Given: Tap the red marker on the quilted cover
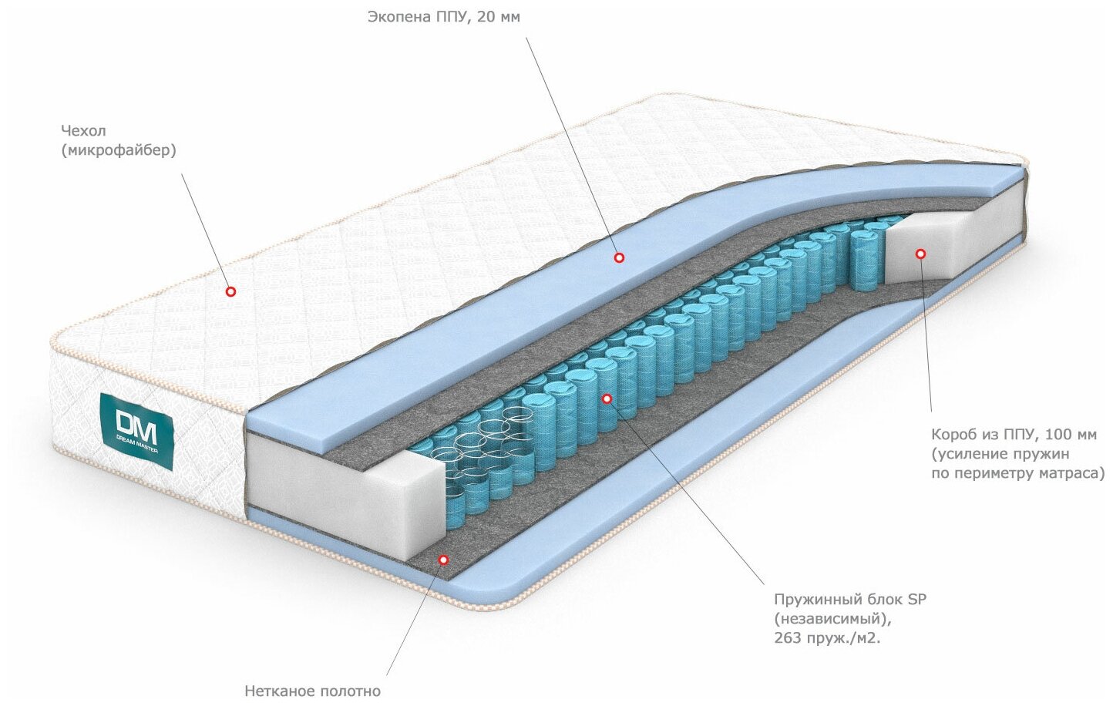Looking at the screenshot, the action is click(x=230, y=291).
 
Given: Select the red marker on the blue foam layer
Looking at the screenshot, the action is click(x=619, y=257).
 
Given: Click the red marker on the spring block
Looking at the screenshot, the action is click(x=607, y=398).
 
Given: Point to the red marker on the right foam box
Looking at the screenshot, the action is click(x=920, y=254).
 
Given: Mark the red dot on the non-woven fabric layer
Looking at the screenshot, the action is click(x=443, y=560).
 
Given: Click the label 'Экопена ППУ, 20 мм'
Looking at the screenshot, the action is click(x=443, y=17).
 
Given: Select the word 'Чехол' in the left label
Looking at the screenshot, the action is click(x=83, y=131).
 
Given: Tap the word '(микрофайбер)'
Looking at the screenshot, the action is click(x=119, y=150).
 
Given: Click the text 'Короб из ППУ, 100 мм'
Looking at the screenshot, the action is click(x=1014, y=435).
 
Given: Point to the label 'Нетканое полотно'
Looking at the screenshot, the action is click(x=312, y=691).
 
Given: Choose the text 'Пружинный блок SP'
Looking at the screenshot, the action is click(x=849, y=600).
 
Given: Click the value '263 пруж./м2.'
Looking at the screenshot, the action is click(x=826, y=638).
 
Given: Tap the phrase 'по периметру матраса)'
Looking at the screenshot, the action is click(x=1017, y=473).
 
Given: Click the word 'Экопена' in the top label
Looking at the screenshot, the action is click(x=399, y=17).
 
